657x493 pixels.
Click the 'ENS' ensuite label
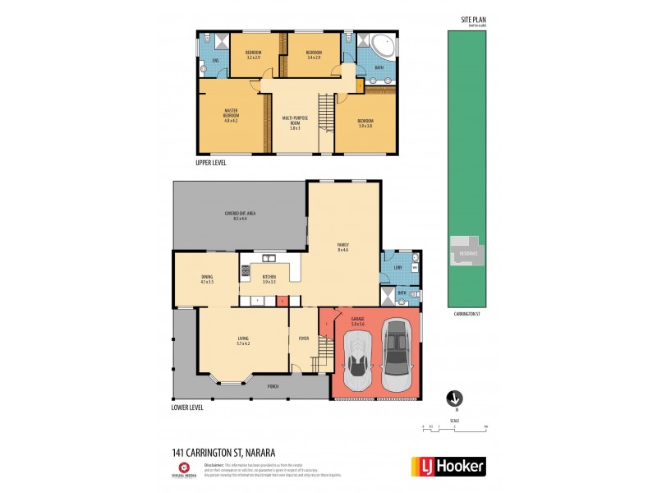pos(215,61)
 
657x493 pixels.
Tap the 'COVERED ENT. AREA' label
pos(240,215)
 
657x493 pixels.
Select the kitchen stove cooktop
pos(245,270)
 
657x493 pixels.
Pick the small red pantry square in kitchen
pos(282,302)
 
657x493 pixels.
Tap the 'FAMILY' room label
pos(343,247)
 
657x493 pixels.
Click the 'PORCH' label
pos(272,386)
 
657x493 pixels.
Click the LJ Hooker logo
pos(447,466)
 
